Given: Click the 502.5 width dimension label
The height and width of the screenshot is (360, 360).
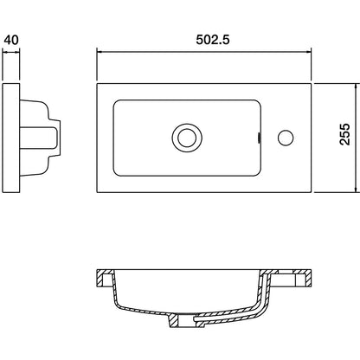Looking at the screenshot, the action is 213,40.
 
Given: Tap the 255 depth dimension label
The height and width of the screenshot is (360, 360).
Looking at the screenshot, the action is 344,134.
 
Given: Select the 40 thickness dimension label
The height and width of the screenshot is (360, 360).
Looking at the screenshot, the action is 11,40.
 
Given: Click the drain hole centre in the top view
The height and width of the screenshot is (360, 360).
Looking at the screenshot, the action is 187,138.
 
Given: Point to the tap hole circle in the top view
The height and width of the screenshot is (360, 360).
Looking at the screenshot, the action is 286,138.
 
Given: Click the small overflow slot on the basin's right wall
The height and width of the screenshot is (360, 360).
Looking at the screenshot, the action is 259,138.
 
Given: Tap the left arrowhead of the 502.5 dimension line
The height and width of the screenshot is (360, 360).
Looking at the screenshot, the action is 100,52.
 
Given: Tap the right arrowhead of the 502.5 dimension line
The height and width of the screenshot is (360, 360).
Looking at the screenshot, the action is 308,52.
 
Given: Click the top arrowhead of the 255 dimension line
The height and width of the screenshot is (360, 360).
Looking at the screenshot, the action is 357,87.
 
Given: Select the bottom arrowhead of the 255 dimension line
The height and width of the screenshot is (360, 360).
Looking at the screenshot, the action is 357,189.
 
